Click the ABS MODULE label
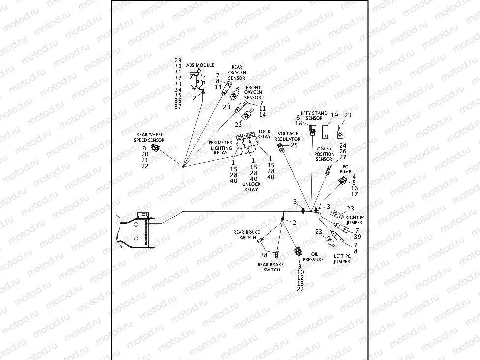[x=200, y=65]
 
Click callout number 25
[x=294, y=145]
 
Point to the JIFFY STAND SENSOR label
[x=314, y=116]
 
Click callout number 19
[x=334, y=115]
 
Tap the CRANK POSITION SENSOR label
[x=325, y=154]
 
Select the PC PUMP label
[x=345, y=169]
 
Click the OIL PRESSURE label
[x=313, y=256]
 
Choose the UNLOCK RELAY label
[x=251, y=186]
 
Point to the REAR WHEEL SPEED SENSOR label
[x=150, y=137]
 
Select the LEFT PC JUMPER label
[x=342, y=259]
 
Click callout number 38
[x=264, y=255]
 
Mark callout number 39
[x=358, y=236]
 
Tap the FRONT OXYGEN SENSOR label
[x=253, y=92]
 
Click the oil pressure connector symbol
[x=298, y=251]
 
